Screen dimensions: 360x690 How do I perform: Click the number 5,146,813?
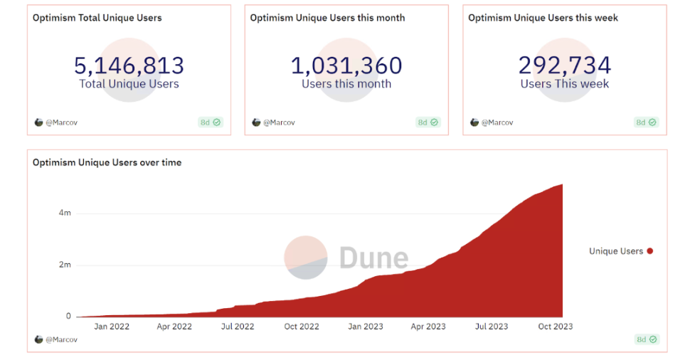[x=129, y=65]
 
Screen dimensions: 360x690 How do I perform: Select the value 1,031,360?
[x=346, y=65]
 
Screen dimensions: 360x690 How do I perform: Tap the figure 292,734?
[x=564, y=65]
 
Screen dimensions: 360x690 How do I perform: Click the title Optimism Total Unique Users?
[x=97, y=18]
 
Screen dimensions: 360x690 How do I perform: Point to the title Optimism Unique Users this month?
[x=327, y=18]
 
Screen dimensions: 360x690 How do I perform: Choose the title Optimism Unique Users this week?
[x=543, y=18]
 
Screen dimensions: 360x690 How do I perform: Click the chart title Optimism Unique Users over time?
[x=107, y=162]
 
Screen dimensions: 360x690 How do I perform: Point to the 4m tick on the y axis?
[x=64, y=213]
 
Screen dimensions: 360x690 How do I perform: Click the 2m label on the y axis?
[x=64, y=265]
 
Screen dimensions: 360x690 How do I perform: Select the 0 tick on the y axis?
[x=68, y=317]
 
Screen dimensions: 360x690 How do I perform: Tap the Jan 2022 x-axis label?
[x=111, y=327]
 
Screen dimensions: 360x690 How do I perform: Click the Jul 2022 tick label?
[x=238, y=327]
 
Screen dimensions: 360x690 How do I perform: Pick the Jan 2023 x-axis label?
[x=365, y=327]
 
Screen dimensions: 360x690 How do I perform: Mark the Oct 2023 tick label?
[x=555, y=327]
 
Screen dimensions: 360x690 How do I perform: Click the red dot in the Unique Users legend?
[x=650, y=251]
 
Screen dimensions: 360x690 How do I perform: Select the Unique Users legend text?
[x=616, y=251]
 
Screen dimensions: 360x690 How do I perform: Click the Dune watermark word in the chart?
[x=373, y=258]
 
